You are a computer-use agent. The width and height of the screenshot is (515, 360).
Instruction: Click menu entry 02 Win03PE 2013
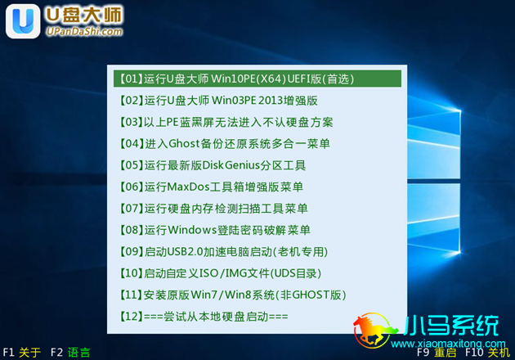(218, 101)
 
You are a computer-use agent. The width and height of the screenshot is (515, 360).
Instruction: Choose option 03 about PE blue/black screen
(226, 122)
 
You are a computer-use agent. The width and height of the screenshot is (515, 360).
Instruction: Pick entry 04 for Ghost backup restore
(224, 144)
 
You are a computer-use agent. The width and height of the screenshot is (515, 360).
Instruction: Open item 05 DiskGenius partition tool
(213, 165)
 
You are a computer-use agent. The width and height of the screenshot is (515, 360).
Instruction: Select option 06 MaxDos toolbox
(211, 187)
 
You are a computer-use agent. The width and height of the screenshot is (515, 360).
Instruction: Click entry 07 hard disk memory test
(213, 209)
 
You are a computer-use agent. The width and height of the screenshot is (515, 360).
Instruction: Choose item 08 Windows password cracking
(214, 230)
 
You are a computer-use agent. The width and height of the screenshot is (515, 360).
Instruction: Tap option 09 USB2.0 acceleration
(223, 252)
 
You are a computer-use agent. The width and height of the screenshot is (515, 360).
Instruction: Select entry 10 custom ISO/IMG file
(220, 273)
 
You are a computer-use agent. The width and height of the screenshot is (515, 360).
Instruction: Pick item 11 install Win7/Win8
(232, 295)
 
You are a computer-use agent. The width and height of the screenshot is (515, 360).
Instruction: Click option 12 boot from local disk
(203, 317)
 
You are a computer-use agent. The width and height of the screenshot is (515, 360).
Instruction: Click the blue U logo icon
(23, 21)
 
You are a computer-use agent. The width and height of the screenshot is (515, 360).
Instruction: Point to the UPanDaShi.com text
(84, 31)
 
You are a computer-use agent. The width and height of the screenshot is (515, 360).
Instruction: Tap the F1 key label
(8, 353)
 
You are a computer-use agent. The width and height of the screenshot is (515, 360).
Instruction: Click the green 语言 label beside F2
(78, 353)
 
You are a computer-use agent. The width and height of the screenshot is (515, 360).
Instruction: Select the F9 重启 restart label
(437, 353)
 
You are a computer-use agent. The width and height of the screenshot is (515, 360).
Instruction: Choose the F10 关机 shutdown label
(487, 353)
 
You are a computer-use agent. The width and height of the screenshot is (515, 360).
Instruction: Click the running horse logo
(374, 330)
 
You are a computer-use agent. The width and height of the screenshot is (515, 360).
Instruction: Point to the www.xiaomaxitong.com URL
(448, 344)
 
